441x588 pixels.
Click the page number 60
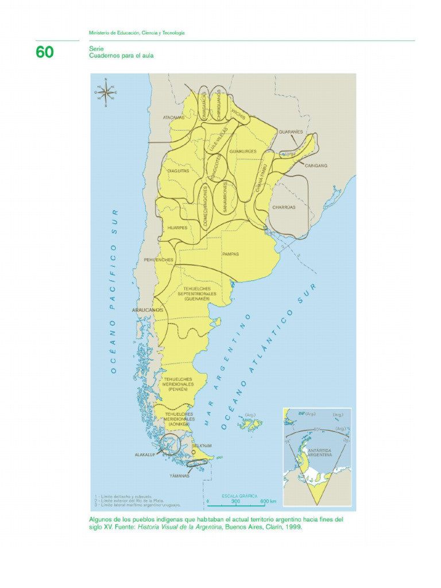(x=45, y=52)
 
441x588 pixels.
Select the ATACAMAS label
(x=173, y=118)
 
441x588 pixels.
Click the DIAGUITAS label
(x=178, y=171)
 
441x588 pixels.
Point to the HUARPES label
(x=177, y=228)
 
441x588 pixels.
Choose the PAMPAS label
(x=230, y=254)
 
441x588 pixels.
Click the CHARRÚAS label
(x=284, y=207)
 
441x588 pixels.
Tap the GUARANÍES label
(x=291, y=131)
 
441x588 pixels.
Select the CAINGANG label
(x=316, y=165)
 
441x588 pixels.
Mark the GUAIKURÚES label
(x=243, y=151)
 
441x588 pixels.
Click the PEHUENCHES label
(x=158, y=260)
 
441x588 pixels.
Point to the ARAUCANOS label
(x=148, y=310)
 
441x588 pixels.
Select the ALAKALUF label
(x=145, y=454)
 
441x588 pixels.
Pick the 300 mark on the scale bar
(x=235, y=501)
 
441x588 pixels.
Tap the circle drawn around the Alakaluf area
(x=170, y=444)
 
